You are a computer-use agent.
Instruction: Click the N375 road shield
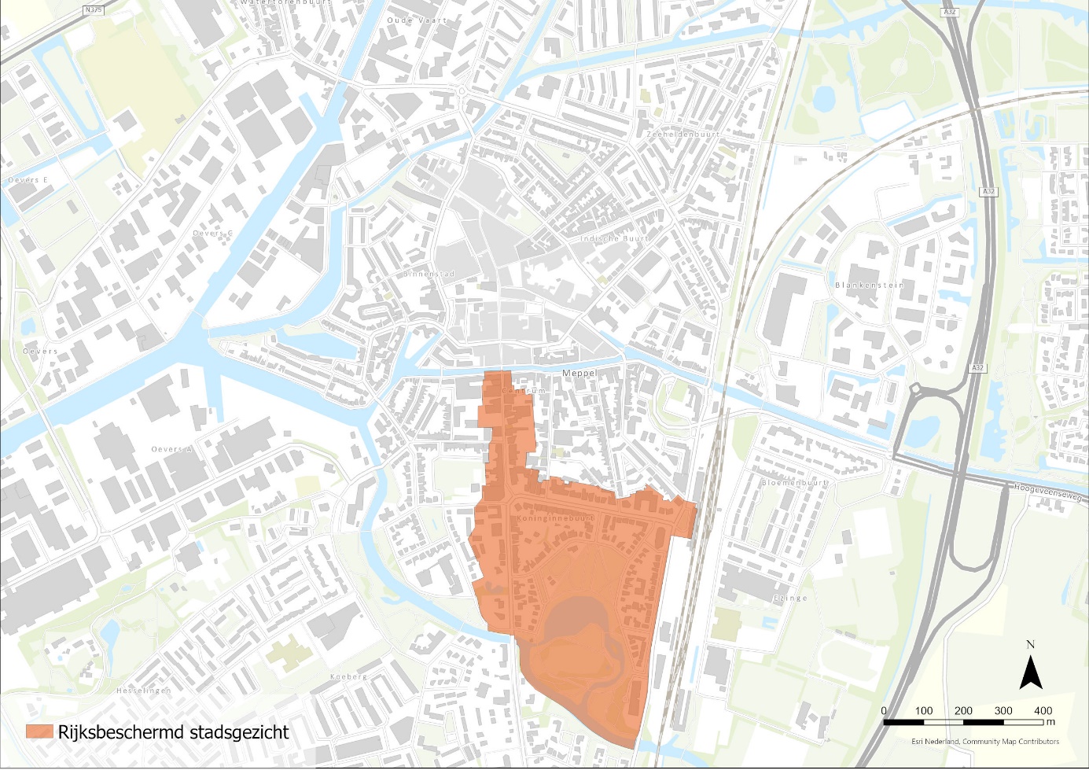click(x=93, y=11)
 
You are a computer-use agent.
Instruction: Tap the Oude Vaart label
click(x=417, y=20)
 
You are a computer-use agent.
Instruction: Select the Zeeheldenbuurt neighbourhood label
click(x=683, y=134)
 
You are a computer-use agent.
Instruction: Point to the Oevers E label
click(x=28, y=180)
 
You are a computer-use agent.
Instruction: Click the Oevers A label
click(x=172, y=449)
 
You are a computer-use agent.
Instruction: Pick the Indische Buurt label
click(x=615, y=238)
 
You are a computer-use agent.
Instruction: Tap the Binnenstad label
click(x=430, y=274)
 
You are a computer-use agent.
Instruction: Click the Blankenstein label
click(x=869, y=286)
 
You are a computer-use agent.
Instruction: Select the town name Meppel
click(x=580, y=373)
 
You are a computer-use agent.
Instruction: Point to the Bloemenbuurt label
click(x=795, y=483)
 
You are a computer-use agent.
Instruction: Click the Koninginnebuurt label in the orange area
click(x=556, y=519)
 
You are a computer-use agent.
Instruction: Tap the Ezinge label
click(x=790, y=598)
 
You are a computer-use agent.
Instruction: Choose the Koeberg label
click(x=349, y=676)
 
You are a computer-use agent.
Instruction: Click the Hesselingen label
click(x=143, y=691)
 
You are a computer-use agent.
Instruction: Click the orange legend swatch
click(x=39, y=731)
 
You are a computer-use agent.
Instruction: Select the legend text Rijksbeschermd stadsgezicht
click(x=174, y=732)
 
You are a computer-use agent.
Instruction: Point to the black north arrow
click(x=1031, y=673)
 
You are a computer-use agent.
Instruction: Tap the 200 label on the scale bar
click(x=963, y=710)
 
